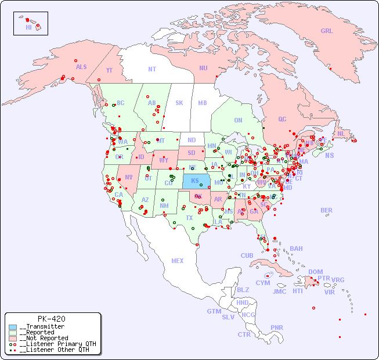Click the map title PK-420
coord(51,319)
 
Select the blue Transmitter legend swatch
coord(13,327)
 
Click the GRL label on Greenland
coord(327,31)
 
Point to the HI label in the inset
coord(28,27)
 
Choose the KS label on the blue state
coord(195,180)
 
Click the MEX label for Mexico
coord(178,261)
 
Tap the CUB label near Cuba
coord(247,255)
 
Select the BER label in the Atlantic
coord(327,210)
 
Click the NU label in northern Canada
coord(203,68)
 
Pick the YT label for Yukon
coord(109,70)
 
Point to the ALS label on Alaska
coord(81,67)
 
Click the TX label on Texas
coord(189,218)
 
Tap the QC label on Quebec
coord(282,119)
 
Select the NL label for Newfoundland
coord(341,133)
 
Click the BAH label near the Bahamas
coord(296,249)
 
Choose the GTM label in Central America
coord(214,311)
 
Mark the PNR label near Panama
coord(277,327)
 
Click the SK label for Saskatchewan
coord(179,103)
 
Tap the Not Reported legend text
coord(44,338)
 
